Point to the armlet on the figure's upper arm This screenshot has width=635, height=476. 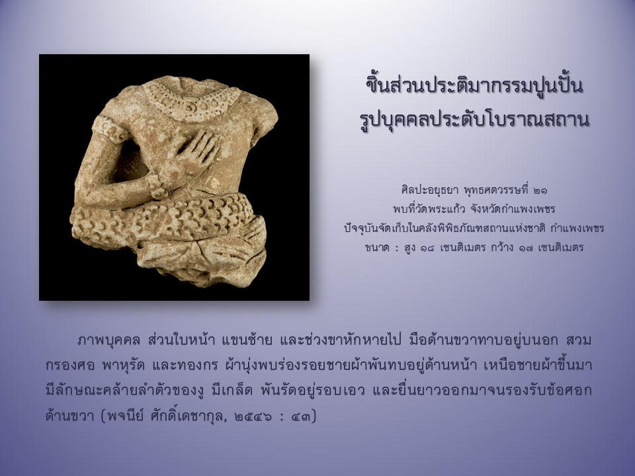pos(107,128)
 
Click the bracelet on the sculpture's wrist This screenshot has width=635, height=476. pos(156,187)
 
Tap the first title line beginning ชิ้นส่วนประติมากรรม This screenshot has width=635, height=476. pos(474,86)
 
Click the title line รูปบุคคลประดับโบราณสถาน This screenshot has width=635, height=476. pos(474,120)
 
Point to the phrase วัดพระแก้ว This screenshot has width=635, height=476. pos(437,209)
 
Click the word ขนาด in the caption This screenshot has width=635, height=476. pos(377,247)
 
